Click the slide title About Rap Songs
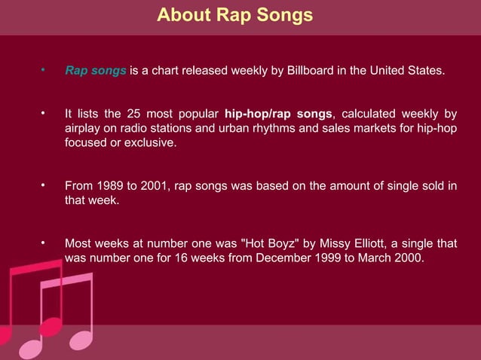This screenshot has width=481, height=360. [x=234, y=15]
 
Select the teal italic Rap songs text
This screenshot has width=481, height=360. [x=96, y=72]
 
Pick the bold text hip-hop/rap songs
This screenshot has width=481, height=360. [x=278, y=114]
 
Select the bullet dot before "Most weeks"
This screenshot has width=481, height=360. [x=44, y=243]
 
